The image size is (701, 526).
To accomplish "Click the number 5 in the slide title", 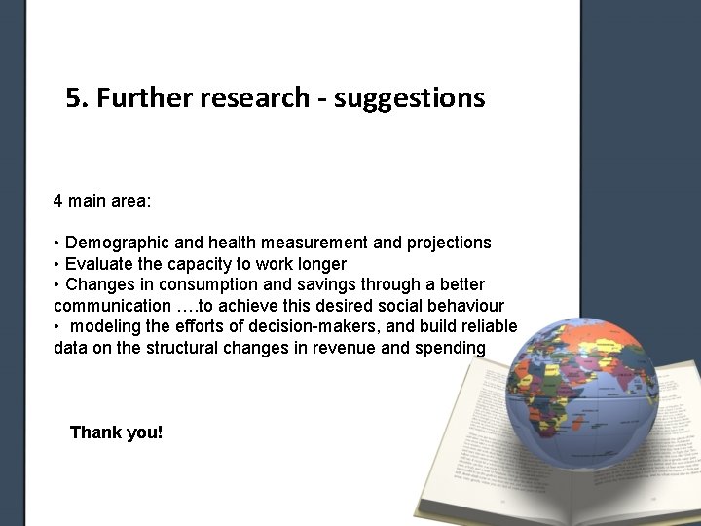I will [74, 98].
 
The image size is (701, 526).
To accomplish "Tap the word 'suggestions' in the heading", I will [409, 99].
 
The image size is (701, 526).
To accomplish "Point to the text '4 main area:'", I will [101, 202].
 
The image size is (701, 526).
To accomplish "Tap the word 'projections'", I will [449, 243].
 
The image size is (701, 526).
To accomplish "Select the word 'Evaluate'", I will [100, 264].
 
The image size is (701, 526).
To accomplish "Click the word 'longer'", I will [320, 264].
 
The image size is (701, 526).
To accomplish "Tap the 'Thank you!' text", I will [116, 432].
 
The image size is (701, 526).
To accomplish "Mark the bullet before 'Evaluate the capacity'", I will [57, 264].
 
